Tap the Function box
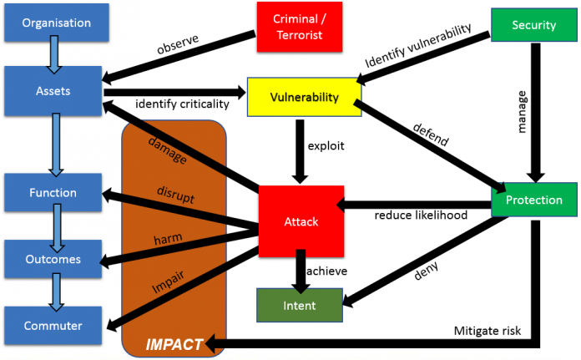click(x=53, y=193)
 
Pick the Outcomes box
click(x=53, y=259)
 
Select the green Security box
click(x=534, y=24)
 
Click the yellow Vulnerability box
click(x=304, y=98)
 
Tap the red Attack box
click(x=301, y=221)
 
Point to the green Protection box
click(x=533, y=200)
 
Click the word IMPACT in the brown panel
click(x=174, y=343)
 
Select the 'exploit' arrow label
click(x=326, y=145)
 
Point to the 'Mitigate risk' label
click(x=488, y=331)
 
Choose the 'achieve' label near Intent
click(x=326, y=271)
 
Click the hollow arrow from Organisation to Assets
click(x=53, y=56)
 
